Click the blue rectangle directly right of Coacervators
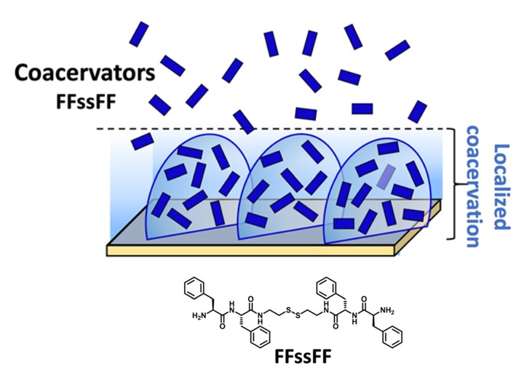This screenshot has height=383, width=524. [172, 65]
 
